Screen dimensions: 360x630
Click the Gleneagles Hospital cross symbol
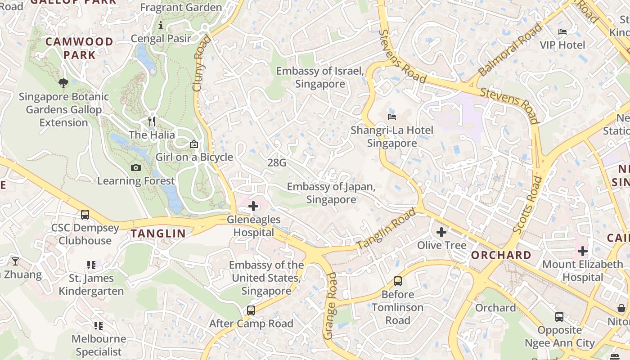coord(253,206)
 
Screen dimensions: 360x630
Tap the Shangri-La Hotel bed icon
coord(391,117)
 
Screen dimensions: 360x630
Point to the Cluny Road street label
coord(202,63)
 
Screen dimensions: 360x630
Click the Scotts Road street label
coord(528,205)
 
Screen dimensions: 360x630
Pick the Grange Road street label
coord(330,306)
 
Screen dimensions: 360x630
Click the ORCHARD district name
coord(501,255)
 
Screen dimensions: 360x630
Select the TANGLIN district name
coord(158,233)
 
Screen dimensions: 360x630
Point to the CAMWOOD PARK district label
coord(80,48)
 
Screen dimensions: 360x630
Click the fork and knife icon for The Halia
coord(152,121)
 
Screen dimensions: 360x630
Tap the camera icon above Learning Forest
coord(135,168)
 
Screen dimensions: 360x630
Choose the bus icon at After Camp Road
coord(251,310)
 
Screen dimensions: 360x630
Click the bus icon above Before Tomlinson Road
coord(397,281)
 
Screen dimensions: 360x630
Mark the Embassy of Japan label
coord(331,193)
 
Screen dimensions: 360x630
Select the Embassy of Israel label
coord(320,77)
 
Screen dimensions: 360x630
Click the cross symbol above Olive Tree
coord(441,232)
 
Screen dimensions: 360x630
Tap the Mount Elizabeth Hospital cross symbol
coord(583,251)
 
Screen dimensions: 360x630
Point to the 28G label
coord(277,162)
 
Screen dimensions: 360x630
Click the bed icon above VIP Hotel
coord(562,31)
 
